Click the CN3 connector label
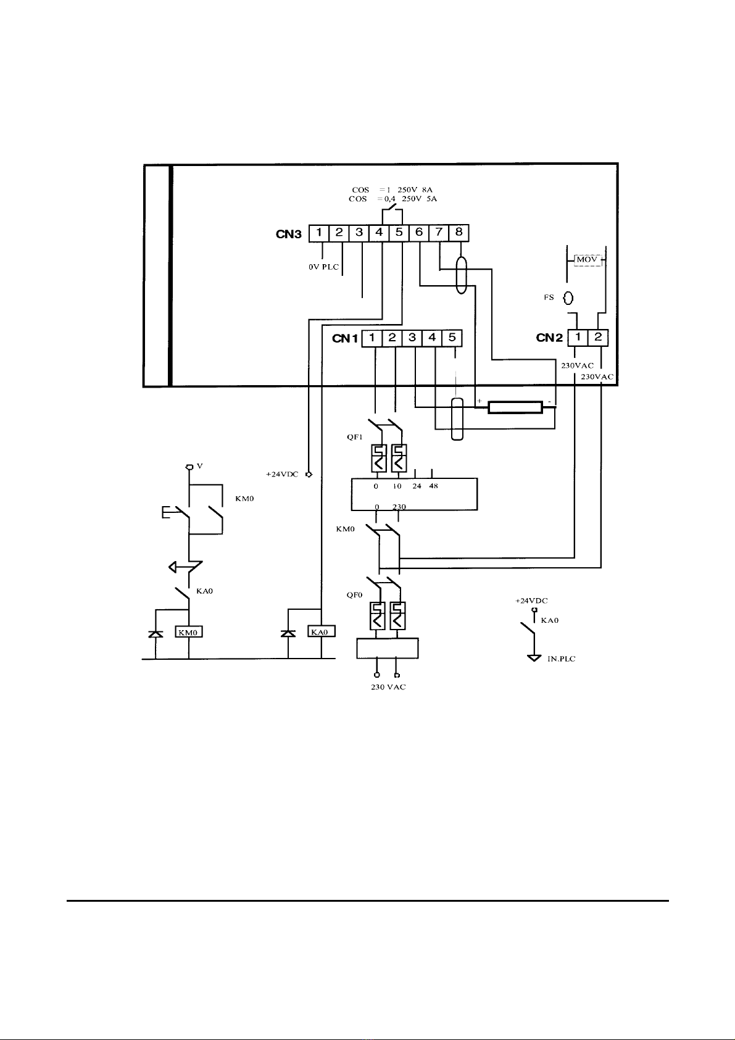pyautogui.click(x=289, y=234)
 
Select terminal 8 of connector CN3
pyautogui.click(x=459, y=233)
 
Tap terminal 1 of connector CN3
pyautogui.click(x=319, y=233)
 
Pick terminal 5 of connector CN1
pyautogui.click(x=452, y=338)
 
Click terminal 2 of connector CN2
pyautogui.click(x=598, y=338)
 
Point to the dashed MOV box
pyautogui.click(x=588, y=259)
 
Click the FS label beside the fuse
pyautogui.click(x=549, y=297)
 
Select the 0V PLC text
pyautogui.click(x=323, y=267)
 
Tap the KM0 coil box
pyautogui.click(x=188, y=631)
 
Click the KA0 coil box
pyautogui.click(x=322, y=631)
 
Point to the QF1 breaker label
pyautogui.click(x=354, y=437)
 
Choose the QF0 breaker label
pyautogui.click(x=354, y=595)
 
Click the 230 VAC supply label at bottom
pyautogui.click(x=388, y=687)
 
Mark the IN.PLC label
pyautogui.click(x=562, y=659)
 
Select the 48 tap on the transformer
pyautogui.click(x=433, y=486)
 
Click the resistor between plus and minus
pyautogui.click(x=515, y=407)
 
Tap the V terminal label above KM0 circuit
pyautogui.click(x=200, y=465)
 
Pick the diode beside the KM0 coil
pyautogui.click(x=156, y=633)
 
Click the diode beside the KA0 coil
pyautogui.click(x=288, y=633)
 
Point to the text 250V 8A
pyautogui.click(x=415, y=189)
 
